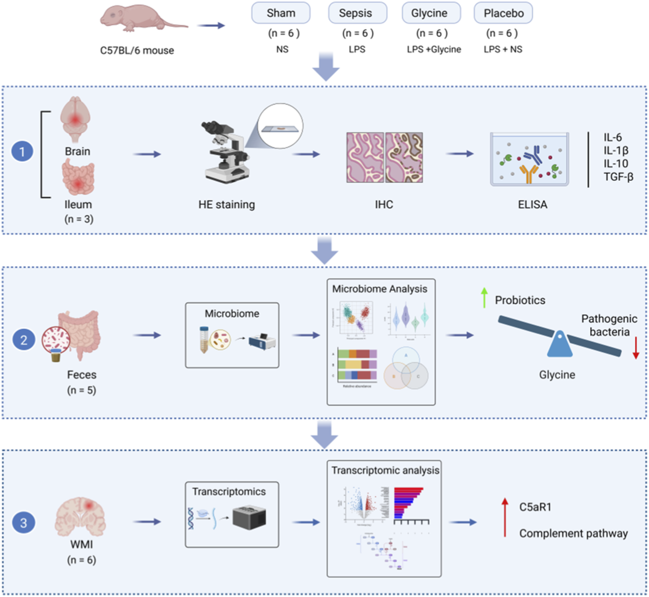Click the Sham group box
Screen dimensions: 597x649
(x=281, y=13)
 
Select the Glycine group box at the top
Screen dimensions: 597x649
(x=431, y=13)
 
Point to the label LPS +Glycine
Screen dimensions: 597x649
(x=434, y=50)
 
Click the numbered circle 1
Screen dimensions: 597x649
(x=22, y=152)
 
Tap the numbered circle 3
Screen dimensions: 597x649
(x=23, y=523)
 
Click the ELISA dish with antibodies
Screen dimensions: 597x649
(x=530, y=159)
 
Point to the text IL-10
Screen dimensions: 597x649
(x=616, y=164)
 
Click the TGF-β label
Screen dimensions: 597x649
(x=618, y=177)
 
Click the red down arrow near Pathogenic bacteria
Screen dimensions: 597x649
(x=635, y=347)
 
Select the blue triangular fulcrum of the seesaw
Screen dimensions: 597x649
(x=560, y=345)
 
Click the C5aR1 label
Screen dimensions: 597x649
(x=535, y=507)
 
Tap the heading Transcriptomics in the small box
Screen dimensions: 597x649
(x=229, y=492)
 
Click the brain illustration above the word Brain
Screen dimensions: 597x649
(x=75, y=120)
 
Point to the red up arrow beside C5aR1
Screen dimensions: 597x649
(x=505, y=517)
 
